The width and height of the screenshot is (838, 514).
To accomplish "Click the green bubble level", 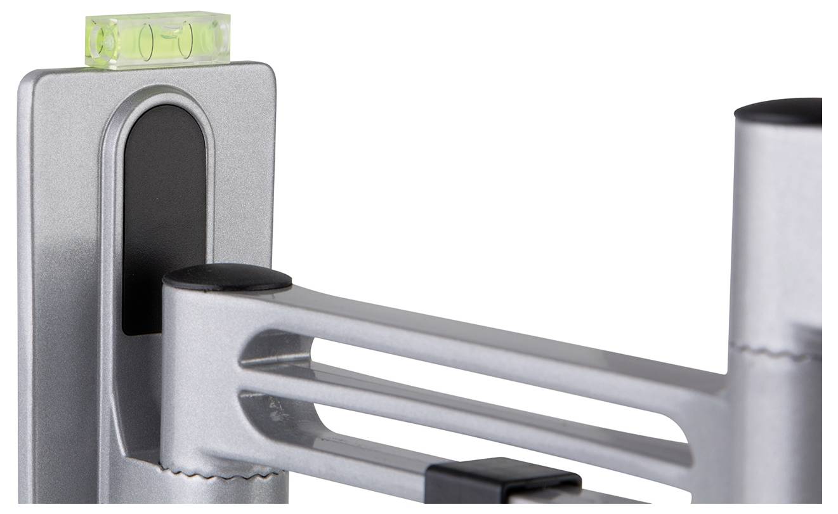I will tap(157, 39).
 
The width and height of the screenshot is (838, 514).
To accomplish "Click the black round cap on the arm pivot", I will tap(227, 278).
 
